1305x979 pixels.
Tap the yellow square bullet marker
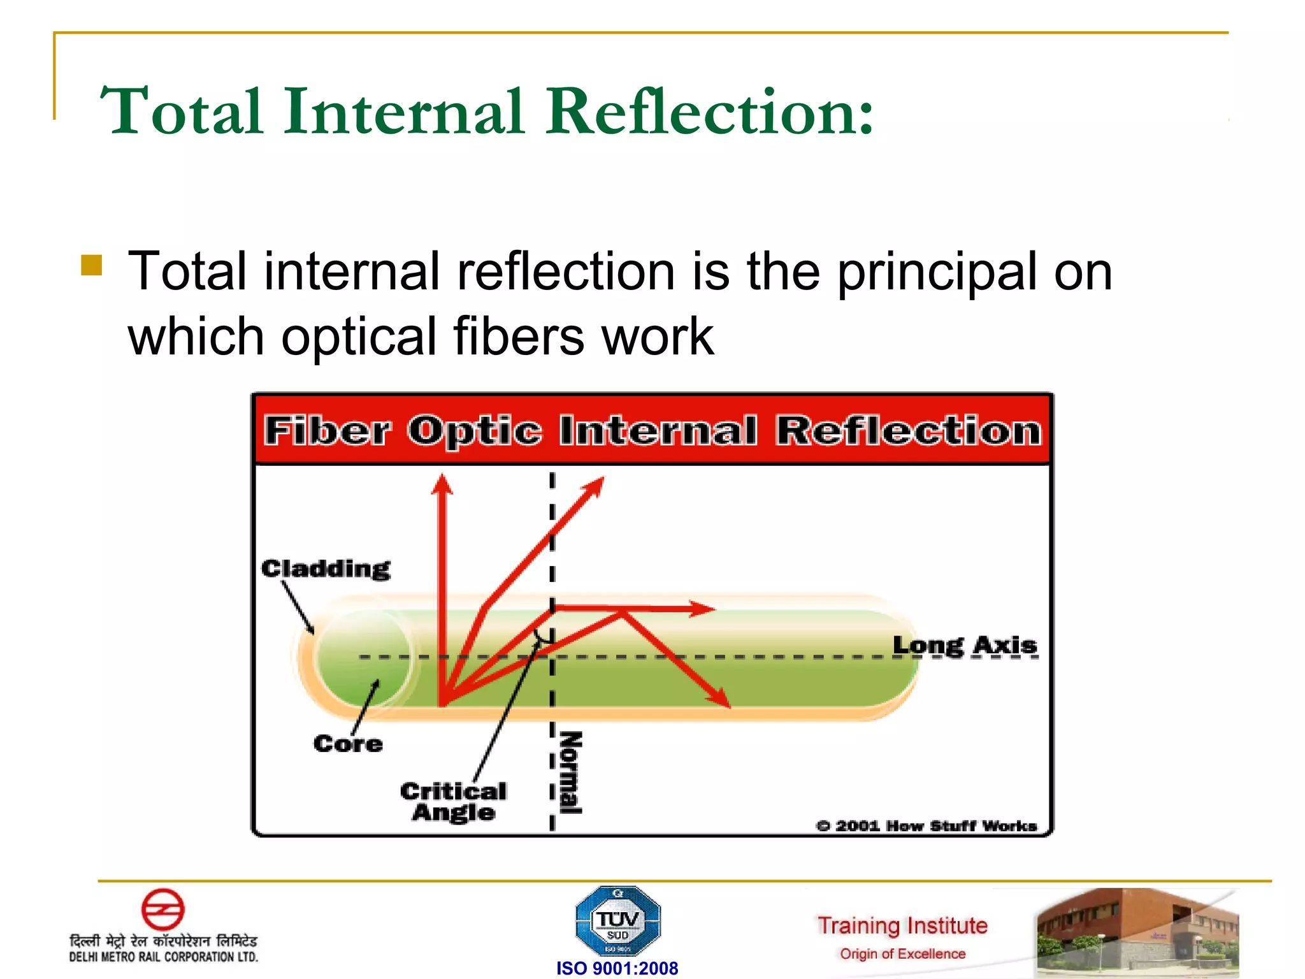(x=92, y=265)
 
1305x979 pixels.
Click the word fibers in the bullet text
(x=518, y=337)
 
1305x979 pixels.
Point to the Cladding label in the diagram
(x=326, y=569)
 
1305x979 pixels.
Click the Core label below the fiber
(x=348, y=744)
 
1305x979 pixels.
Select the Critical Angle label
(x=453, y=802)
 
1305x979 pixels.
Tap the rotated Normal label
(x=570, y=772)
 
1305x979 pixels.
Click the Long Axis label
(x=964, y=645)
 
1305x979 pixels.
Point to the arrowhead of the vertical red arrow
(x=442, y=483)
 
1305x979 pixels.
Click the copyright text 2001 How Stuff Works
(x=927, y=826)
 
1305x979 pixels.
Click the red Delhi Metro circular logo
(x=162, y=910)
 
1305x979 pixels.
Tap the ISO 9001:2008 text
(x=617, y=968)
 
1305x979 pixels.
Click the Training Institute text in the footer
(x=902, y=925)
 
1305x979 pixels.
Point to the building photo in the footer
(x=1137, y=932)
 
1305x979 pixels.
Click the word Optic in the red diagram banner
(x=475, y=431)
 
